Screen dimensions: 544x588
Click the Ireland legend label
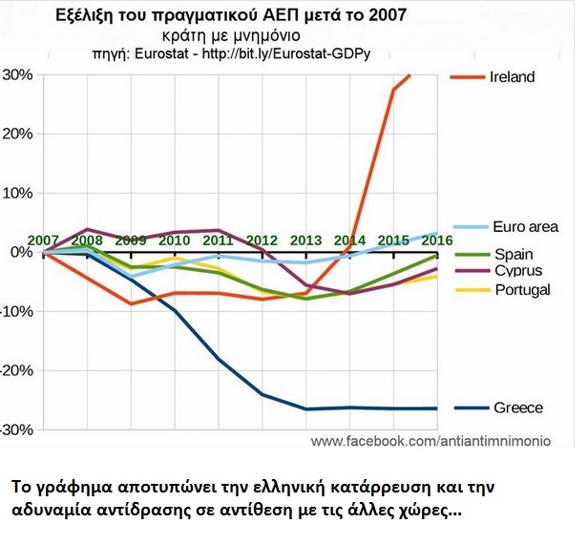point(514,76)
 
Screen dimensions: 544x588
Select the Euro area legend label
point(525,227)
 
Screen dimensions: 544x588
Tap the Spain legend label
point(513,255)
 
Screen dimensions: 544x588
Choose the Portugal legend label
point(522,289)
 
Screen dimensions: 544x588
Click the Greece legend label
point(518,408)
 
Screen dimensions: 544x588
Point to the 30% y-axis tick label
point(18,74)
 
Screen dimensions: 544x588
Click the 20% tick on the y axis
point(18,134)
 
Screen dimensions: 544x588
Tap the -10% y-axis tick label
point(16,311)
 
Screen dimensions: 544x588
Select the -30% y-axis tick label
point(16,429)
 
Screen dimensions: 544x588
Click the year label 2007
point(43,240)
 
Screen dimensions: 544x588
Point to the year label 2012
point(262,240)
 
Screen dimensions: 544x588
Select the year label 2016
point(436,240)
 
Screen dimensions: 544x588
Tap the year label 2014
point(349,240)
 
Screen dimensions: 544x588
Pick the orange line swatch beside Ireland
point(468,76)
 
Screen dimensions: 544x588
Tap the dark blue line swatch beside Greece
point(468,408)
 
